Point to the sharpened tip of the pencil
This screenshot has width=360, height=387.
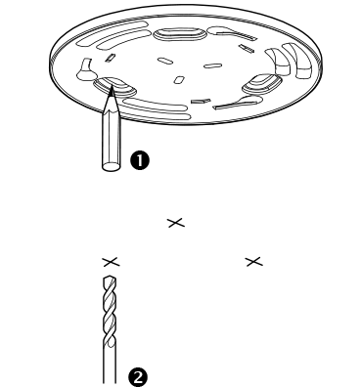coord(111,93)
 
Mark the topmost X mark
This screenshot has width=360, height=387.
coord(175,225)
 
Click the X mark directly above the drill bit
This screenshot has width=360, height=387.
coord(111,262)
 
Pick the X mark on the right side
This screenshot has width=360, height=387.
coord(254,262)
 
